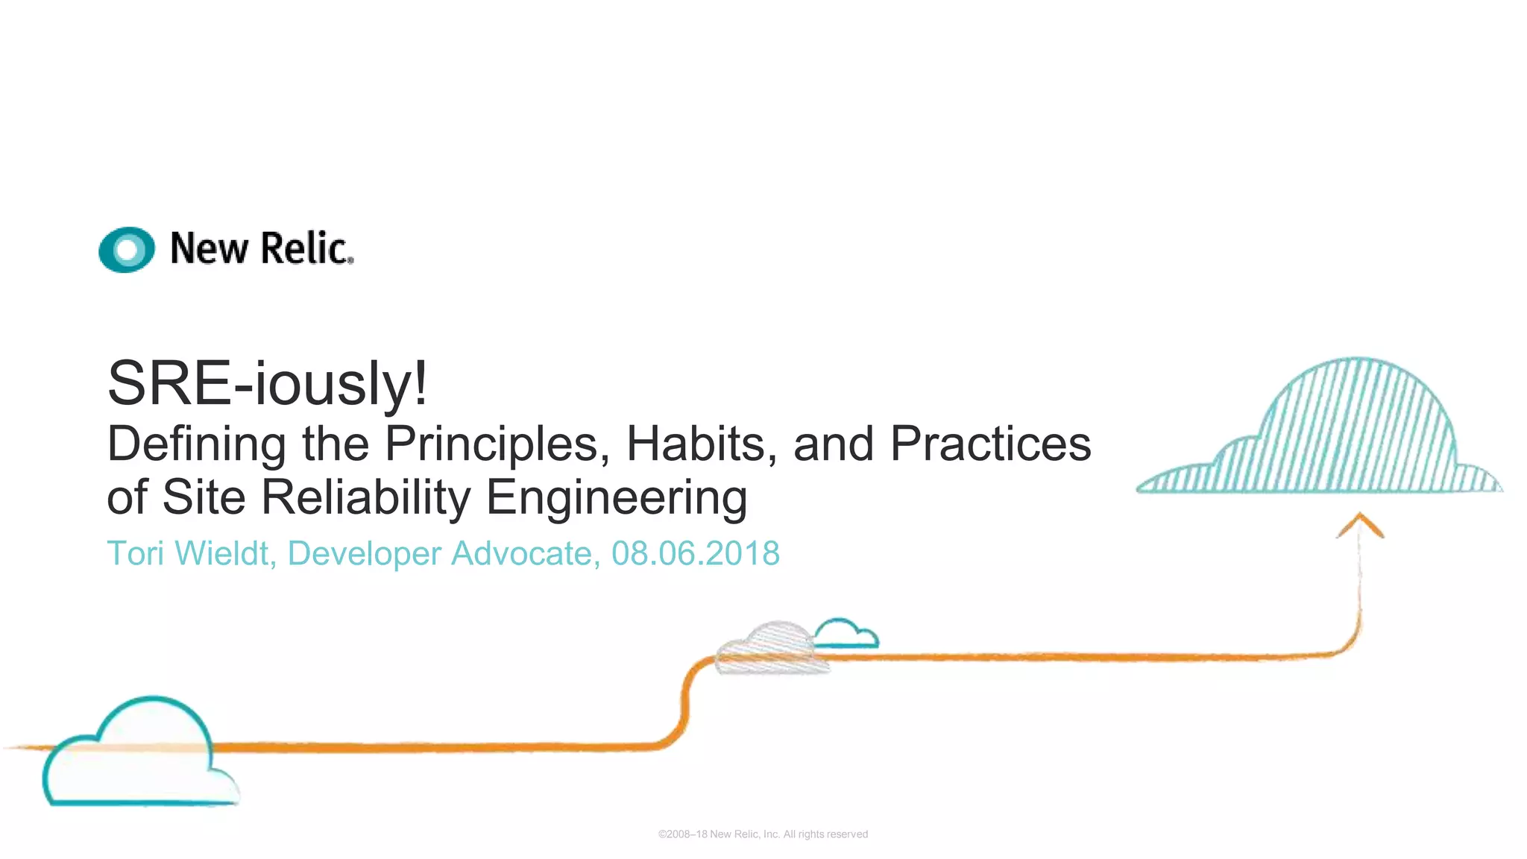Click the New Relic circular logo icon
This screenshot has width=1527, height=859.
[x=127, y=249]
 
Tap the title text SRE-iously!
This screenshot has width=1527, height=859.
[x=268, y=383]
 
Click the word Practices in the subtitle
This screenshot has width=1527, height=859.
[x=990, y=444]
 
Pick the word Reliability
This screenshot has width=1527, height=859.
[x=366, y=497]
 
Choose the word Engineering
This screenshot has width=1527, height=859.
[x=617, y=499]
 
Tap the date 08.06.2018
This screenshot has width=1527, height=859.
[x=695, y=554]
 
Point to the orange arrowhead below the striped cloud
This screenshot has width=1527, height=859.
[x=1360, y=523]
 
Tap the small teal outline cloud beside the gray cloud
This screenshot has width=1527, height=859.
[x=846, y=634]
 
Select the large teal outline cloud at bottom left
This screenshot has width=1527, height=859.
[x=138, y=753]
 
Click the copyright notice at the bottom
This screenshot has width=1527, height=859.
[x=763, y=834]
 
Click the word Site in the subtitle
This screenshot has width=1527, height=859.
[x=204, y=497]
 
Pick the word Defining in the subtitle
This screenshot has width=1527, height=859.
[x=196, y=444]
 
